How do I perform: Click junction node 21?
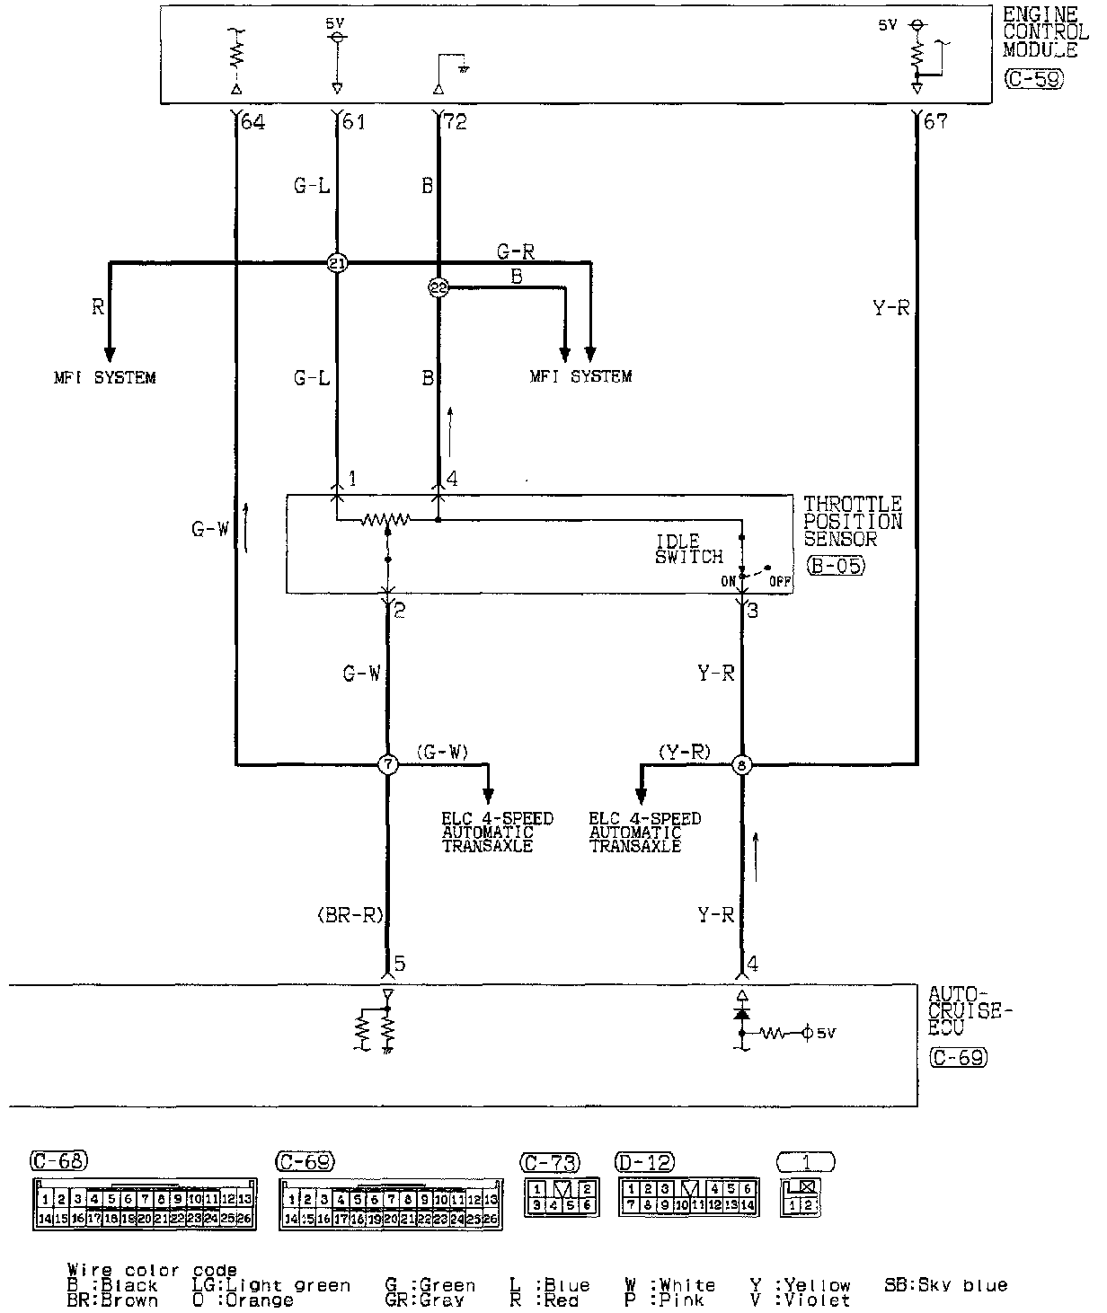tap(337, 263)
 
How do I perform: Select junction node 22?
tap(438, 288)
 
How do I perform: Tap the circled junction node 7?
tap(387, 765)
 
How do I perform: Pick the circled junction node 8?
tap(742, 765)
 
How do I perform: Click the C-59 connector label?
tap(1033, 79)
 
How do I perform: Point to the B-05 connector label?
tap(835, 567)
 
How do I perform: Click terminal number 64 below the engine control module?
tap(252, 121)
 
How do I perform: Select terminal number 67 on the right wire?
tap(935, 121)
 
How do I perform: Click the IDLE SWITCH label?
tap(689, 549)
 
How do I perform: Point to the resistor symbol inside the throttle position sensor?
tap(385, 519)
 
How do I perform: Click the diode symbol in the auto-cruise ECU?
tap(742, 1012)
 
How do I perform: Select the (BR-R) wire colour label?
tap(350, 916)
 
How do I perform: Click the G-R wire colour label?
tap(516, 252)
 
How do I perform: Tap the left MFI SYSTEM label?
tap(104, 377)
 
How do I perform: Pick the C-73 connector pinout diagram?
tap(562, 1196)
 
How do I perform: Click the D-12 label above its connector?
tap(646, 1162)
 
